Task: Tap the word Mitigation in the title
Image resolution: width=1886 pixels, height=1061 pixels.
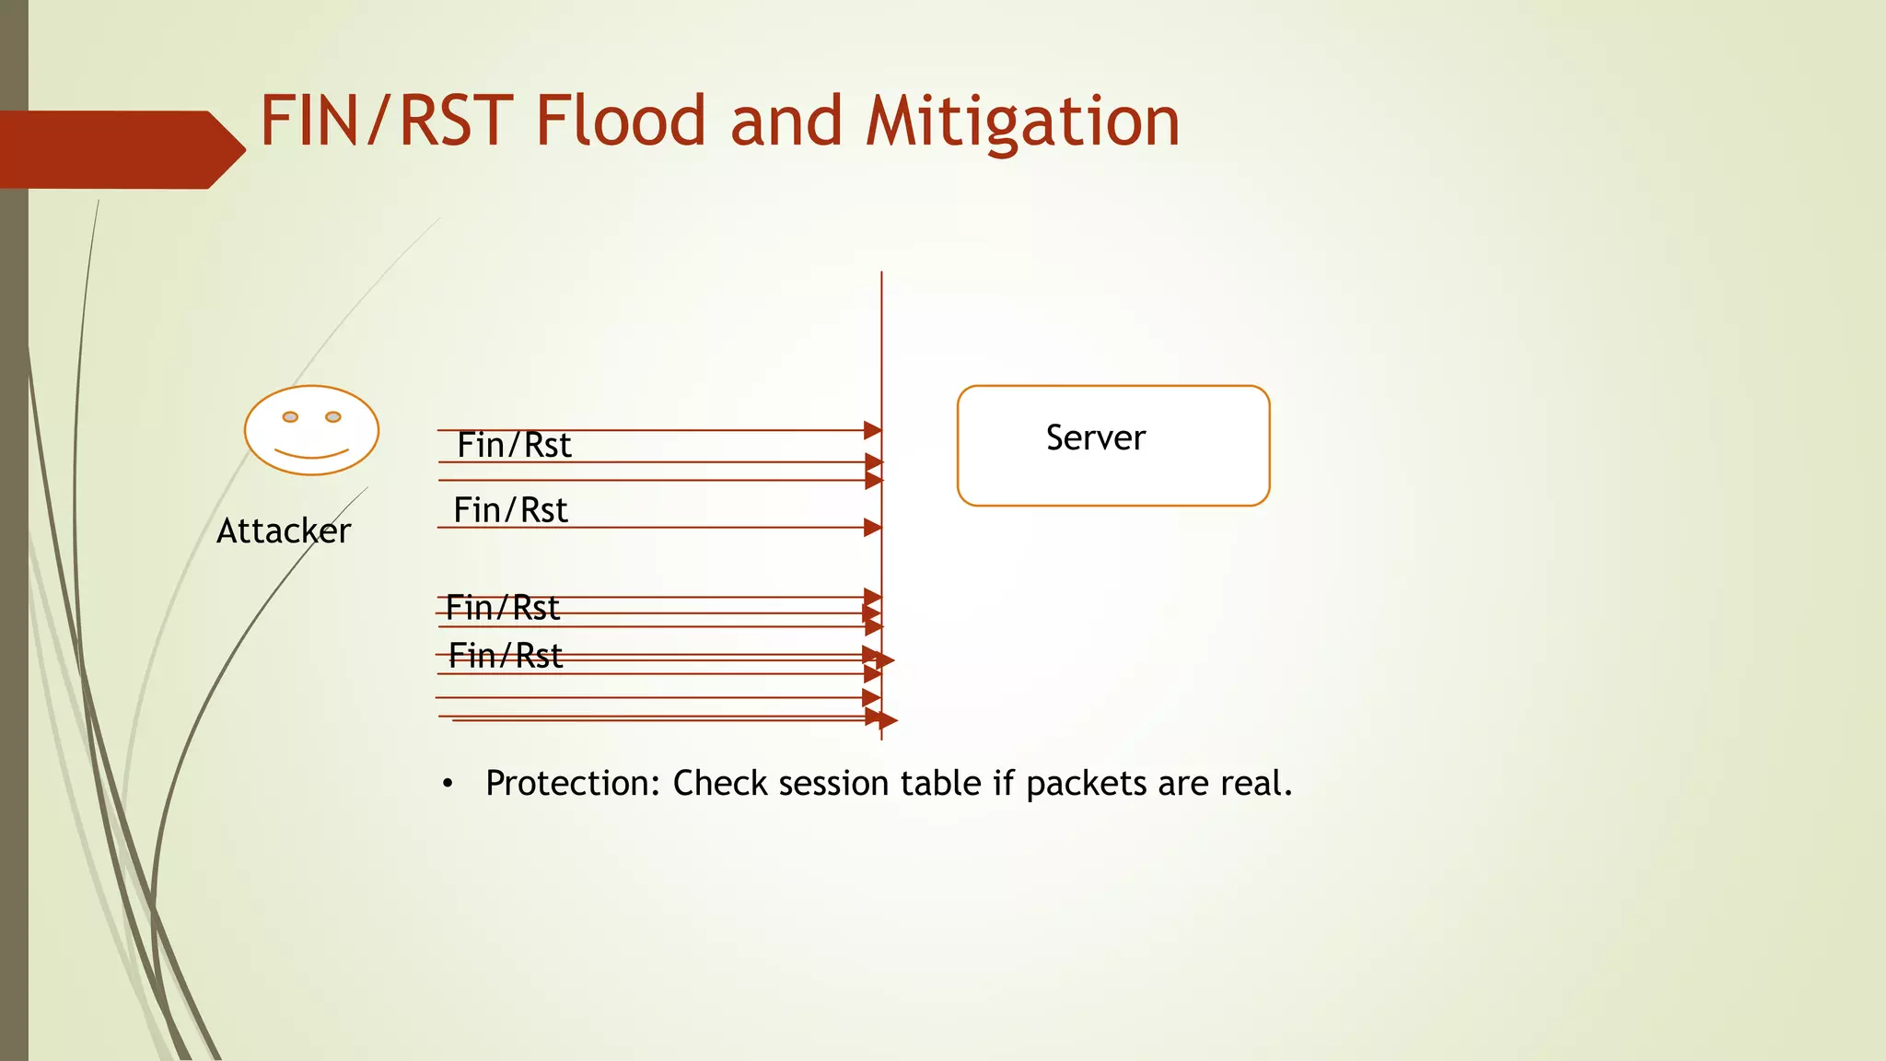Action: [1022, 122]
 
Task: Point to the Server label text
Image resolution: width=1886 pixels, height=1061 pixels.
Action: [1095, 437]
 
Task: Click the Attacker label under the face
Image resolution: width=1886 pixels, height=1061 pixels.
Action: [284, 531]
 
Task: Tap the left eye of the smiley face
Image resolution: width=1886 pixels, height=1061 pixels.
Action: [290, 417]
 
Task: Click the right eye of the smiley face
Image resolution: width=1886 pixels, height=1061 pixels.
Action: [333, 417]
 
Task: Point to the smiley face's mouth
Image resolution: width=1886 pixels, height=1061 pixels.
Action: [311, 454]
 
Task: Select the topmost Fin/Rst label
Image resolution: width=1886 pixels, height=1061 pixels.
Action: [514, 446]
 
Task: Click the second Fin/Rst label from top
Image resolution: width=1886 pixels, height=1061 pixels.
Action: [510, 510]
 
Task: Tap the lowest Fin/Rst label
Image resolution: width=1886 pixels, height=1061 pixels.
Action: [505, 656]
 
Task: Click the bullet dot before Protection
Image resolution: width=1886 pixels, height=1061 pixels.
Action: [448, 784]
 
